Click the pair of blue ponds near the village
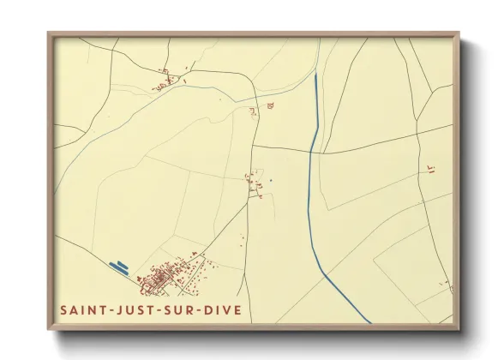pyautogui.click(x=122, y=267)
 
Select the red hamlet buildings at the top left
pyautogui.click(x=165, y=83)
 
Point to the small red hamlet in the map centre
pyautogui.click(x=255, y=182)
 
